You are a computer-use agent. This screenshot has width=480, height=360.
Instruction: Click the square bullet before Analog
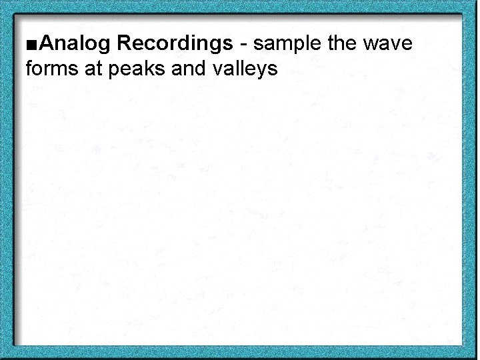33,45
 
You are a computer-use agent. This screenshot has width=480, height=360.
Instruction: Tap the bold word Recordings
175,45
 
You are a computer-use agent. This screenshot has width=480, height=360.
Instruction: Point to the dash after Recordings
243,45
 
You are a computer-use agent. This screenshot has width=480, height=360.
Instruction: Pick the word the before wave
343,44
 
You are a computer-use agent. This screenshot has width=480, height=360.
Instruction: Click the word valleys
241,67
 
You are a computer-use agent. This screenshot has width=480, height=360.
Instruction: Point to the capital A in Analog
47,45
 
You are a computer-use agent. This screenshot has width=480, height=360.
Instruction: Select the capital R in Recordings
125,45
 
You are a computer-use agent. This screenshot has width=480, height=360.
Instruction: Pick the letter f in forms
28,67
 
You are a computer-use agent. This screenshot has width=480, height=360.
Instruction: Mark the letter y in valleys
262,69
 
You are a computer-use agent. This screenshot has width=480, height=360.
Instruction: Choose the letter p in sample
297,47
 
